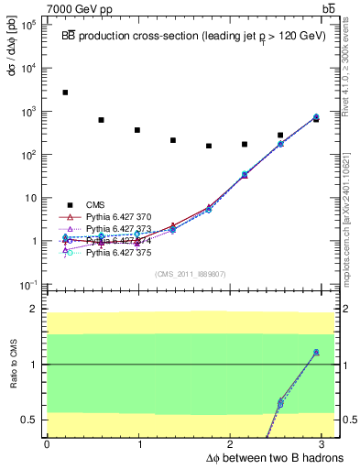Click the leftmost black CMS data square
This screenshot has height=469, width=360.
click(65, 93)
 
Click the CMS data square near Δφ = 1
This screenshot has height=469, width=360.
click(136, 130)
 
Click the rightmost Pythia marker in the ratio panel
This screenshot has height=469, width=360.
click(316, 353)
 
